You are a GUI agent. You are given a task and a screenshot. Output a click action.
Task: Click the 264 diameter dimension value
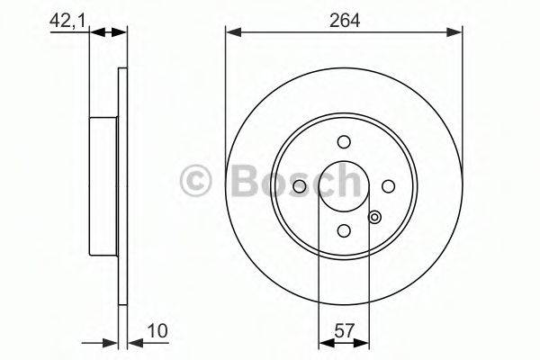tap(344, 19)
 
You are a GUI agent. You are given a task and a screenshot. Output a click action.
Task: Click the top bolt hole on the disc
tap(344, 141)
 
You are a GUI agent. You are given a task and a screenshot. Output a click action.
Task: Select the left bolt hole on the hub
tap(300, 185)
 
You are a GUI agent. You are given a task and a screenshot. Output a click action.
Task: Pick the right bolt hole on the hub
tap(389, 185)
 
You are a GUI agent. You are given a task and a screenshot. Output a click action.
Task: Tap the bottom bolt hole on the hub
tap(344, 230)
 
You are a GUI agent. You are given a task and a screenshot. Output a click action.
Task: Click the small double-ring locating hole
tap(375, 216)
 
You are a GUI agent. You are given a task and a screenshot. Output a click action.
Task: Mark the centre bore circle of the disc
tap(344, 185)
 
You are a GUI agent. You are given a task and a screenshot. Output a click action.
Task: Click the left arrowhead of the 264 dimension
tap(230, 33)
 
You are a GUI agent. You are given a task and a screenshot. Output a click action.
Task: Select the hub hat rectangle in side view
tap(103, 185)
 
